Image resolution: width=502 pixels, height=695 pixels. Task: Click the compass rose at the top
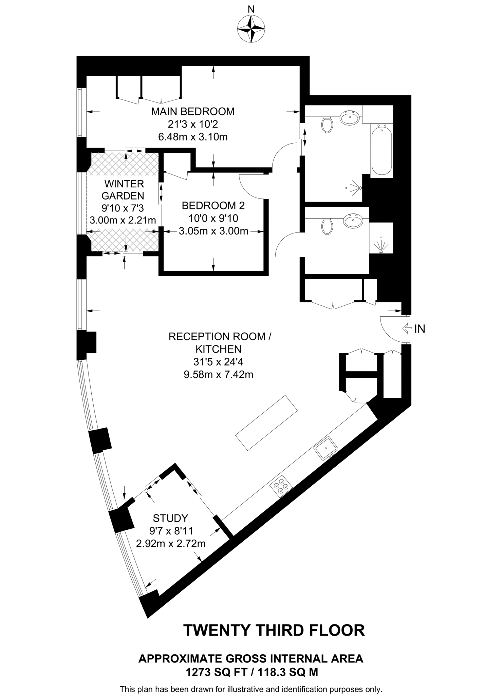251,30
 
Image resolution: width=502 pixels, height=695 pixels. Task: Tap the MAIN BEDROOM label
193,111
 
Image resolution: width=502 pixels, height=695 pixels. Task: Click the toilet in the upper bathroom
327,125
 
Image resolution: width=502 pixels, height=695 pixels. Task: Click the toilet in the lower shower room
327,226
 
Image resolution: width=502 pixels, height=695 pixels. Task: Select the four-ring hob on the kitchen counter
281,487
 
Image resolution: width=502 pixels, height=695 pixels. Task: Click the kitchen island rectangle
266,423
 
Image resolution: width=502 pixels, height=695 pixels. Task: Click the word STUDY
170,518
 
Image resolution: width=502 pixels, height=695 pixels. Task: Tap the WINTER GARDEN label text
124,190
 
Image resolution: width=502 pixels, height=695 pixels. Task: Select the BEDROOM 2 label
213,206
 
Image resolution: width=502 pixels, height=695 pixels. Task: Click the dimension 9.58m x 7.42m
219,375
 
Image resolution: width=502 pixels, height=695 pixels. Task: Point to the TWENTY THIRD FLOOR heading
274,630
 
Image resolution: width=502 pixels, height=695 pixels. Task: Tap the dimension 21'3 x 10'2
192,124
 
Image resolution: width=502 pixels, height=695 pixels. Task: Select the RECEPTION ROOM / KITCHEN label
220,343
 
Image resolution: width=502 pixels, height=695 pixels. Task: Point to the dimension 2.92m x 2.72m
171,544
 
